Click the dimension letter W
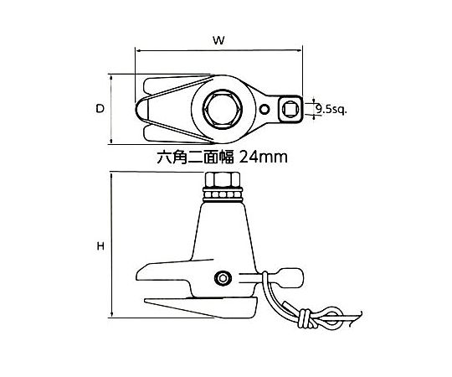point(218,40)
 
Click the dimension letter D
point(100,109)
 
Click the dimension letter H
point(100,246)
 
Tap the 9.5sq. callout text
point(331,109)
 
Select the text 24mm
point(263,158)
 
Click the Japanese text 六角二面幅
point(195,158)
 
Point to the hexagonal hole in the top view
point(223,109)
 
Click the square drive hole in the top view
point(289,109)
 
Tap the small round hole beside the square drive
point(264,109)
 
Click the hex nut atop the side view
point(223,179)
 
